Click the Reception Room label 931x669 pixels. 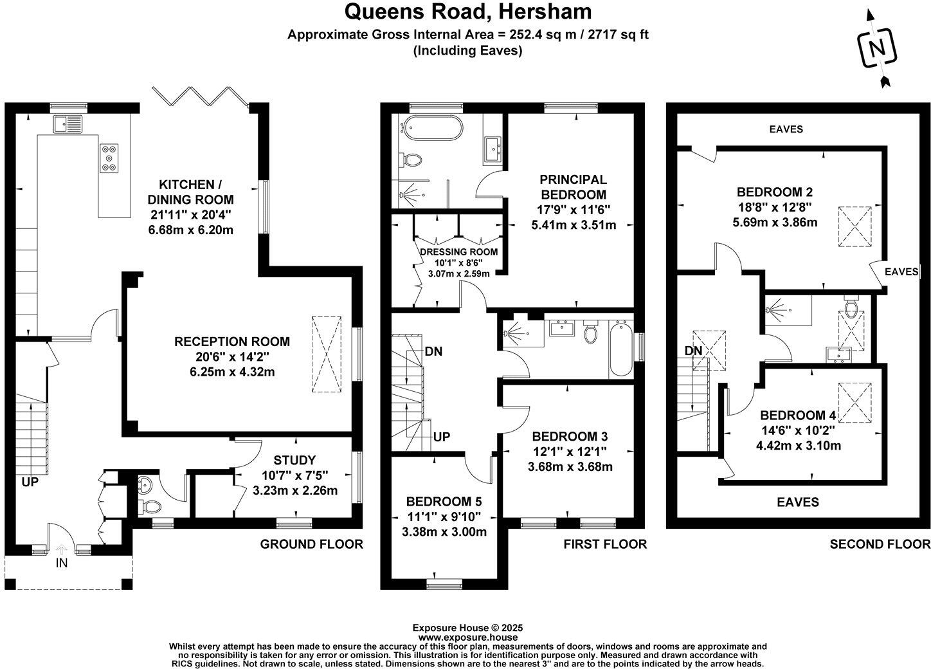(x=232, y=342)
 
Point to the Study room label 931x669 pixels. (x=294, y=460)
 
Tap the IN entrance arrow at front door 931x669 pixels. (x=62, y=551)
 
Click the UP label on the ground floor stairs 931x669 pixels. (x=30, y=481)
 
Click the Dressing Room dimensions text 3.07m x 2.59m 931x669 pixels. (x=458, y=273)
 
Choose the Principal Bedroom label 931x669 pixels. (x=573, y=187)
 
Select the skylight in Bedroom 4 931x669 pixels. (x=856, y=402)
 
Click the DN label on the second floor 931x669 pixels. (x=693, y=351)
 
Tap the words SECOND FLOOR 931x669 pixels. (x=880, y=544)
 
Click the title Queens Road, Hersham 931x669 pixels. (x=467, y=12)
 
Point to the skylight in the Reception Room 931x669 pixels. (x=326, y=354)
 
